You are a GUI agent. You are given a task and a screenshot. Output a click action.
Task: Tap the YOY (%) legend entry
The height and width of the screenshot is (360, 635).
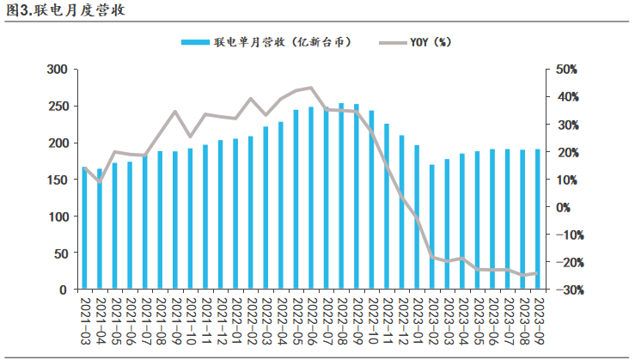point(421,42)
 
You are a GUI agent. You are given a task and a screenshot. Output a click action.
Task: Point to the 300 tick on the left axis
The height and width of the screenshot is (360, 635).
point(56,69)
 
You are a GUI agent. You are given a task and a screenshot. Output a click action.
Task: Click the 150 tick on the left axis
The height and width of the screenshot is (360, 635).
point(56,180)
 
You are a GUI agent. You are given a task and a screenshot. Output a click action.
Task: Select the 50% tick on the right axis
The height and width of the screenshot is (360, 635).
point(568,69)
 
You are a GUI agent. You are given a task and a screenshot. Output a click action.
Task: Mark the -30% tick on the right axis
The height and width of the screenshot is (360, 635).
point(566,290)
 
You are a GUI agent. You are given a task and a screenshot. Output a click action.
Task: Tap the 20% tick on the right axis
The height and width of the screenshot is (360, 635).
point(568,152)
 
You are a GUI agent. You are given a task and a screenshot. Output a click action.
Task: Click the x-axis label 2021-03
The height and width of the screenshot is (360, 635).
point(84,320)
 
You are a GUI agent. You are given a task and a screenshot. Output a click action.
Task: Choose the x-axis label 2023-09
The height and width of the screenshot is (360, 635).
point(539,320)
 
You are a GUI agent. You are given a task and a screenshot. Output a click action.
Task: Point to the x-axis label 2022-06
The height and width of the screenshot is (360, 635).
point(311,320)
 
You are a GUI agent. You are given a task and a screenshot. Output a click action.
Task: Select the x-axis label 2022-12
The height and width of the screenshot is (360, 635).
point(401,320)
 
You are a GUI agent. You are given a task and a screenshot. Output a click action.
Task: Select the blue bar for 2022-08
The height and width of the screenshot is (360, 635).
point(341,197)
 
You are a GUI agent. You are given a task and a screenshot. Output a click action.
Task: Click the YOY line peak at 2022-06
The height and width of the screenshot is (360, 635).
point(311,88)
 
